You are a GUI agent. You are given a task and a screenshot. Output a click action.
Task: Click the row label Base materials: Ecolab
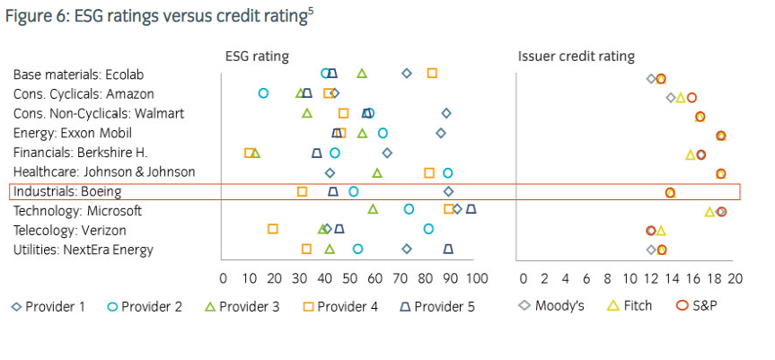click(x=78, y=74)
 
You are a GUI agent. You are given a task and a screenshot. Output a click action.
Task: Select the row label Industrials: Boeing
click(x=67, y=191)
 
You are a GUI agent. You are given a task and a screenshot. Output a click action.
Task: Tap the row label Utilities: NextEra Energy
click(x=83, y=250)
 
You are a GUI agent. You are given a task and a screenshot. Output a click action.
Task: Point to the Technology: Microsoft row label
click(x=77, y=211)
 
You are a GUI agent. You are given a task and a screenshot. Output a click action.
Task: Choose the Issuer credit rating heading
click(x=576, y=57)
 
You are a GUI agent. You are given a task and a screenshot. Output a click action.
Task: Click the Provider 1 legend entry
click(x=48, y=306)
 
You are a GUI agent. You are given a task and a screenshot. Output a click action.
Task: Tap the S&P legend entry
click(x=695, y=306)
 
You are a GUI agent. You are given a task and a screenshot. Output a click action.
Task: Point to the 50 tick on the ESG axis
click(x=349, y=279)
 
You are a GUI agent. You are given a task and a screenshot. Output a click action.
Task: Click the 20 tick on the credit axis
click(x=735, y=279)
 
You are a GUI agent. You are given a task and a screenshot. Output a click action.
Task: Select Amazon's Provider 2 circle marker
click(x=263, y=92)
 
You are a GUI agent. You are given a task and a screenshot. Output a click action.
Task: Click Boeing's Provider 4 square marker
click(x=302, y=191)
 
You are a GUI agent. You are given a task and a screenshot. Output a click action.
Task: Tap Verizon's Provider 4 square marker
click(x=273, y=229)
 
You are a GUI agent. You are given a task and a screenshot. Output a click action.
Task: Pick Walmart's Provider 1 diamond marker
click(x=446, y=113)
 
